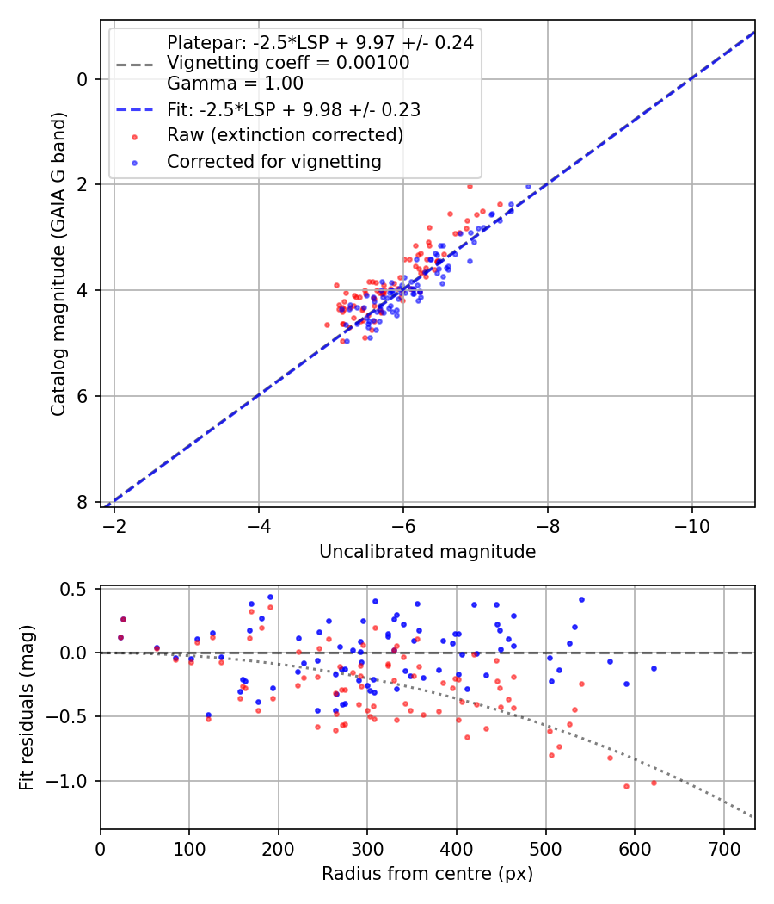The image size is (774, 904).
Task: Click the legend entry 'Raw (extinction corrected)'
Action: pyautogui.click(x=285, y=135)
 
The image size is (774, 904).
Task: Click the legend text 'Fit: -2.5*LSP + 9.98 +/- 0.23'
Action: pyautogui.click(x=293, y=109)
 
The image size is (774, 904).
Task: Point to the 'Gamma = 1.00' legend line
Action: pyautogui.click(x=235, y=84)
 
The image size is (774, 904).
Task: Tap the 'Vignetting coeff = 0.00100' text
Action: pyautogui.click(x=288, y=63)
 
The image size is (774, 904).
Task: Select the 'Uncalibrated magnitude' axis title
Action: pyautogui.click(x=427, y=552)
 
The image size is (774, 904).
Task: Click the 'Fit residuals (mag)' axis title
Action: pyautogui.click(x=27, y=708)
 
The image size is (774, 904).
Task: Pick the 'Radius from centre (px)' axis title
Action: pyautogui.click(x=427, y=874)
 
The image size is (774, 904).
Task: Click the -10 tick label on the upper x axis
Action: pyautogui.click(x=692, y=525)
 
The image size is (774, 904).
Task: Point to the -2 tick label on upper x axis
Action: pyautogui.click(x=114, y=525)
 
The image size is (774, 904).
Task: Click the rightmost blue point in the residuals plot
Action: pyautogui.click(x=654, y=668)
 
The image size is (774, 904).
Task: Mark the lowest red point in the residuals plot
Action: pyautogui.click(x=626, y=786)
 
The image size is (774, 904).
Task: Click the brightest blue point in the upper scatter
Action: pyautogui.click(x=528, y=186)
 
